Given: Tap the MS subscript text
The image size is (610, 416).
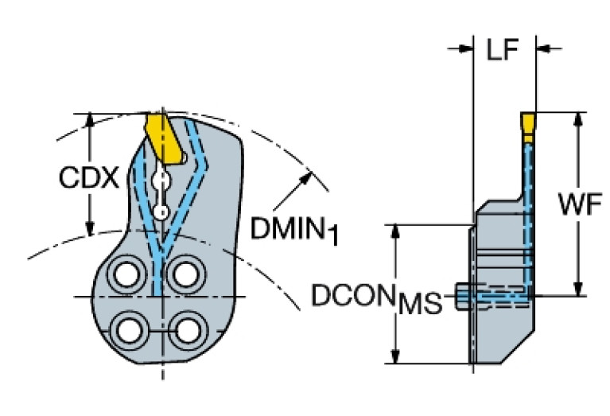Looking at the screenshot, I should coord(420,303).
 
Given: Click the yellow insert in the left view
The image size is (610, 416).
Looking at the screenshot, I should coord(162,138).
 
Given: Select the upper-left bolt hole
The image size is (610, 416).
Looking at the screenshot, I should coord(126,275).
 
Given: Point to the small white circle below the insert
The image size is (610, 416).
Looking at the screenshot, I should coord(161,212).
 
